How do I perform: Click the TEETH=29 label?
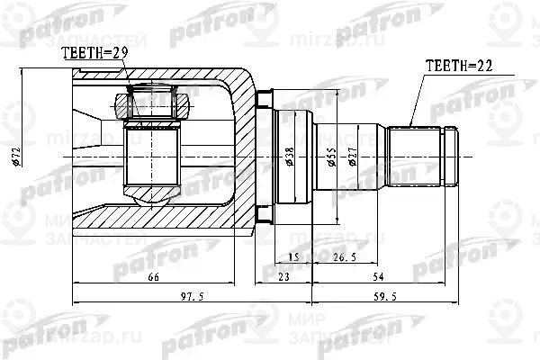pos(93,55)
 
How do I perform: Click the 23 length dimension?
pos(285,279)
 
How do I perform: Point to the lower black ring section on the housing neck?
pos(264,213)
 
